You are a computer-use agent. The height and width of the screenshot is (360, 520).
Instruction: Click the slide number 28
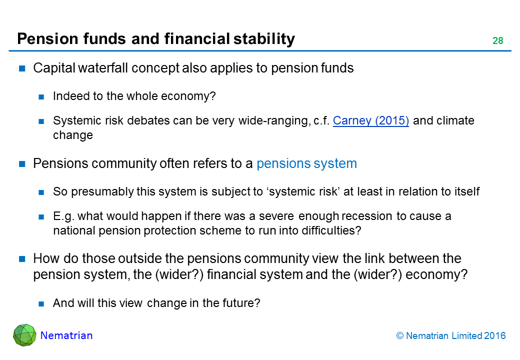(498, 41)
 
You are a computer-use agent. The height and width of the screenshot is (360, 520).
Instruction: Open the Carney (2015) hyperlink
(371, 120)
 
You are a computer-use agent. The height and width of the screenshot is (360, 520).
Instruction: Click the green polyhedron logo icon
(24, 335)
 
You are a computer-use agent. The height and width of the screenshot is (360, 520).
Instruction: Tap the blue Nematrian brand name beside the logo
(66, 335)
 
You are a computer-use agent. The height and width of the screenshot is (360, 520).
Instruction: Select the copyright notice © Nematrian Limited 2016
(451, 336)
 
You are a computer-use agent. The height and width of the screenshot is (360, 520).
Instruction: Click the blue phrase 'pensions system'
(307, 164)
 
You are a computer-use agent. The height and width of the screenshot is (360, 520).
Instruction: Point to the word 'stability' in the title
(264, 39)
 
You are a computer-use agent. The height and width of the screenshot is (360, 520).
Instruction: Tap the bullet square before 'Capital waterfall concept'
(22, 68)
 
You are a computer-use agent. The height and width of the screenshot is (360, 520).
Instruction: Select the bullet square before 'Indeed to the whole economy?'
(41, 97)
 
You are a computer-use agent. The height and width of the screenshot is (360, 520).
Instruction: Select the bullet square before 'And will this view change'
(41, 303)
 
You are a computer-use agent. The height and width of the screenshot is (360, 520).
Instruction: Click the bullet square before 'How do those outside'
(22, 259)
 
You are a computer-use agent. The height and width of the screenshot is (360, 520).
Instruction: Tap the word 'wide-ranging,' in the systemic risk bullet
(274, 121)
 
